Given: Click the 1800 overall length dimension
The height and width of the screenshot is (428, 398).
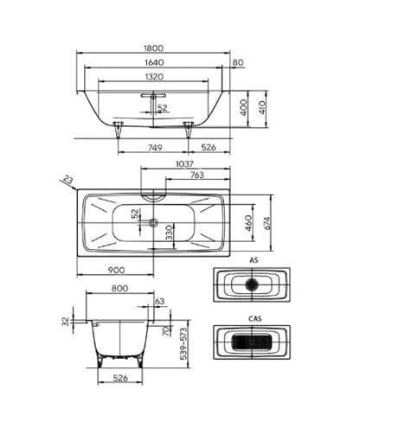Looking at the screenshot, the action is [x=153, y=48].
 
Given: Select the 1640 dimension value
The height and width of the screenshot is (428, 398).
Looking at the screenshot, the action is [x=154, y=62].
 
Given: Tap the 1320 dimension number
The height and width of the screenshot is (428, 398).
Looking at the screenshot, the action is [x=154, y=77].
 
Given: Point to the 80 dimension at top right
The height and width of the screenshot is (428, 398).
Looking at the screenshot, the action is [x=238, y=62].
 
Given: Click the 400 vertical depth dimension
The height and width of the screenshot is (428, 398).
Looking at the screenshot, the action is [x=244, y=107].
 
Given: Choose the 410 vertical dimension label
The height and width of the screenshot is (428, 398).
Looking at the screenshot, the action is [x=262, y=107].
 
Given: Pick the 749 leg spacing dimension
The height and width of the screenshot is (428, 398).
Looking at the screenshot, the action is [x=155, y=148].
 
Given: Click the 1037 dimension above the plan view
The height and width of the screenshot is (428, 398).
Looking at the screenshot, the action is [x=184, y=163].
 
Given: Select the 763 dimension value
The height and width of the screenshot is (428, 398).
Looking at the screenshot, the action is [x=197, y=175].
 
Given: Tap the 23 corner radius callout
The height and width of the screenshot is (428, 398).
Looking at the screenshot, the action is [x=68, y=180].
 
